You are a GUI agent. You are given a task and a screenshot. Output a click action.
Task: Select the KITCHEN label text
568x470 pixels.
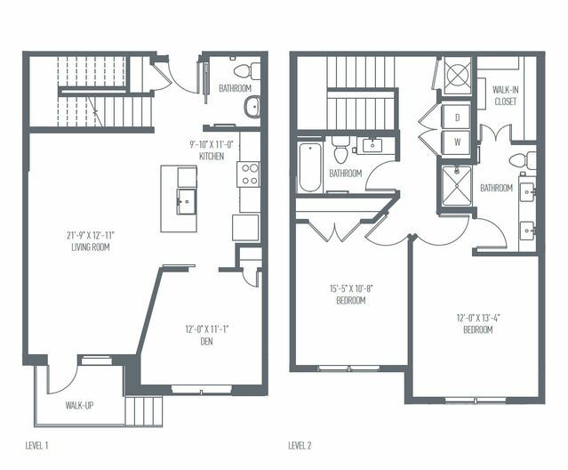pyautogui.click(x=212, y=157)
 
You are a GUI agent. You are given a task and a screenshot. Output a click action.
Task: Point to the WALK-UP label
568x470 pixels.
pyautogui.click(x=81, y=405)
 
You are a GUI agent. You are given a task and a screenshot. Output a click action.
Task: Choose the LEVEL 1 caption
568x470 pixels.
pyautogui.click(x=39, y=444)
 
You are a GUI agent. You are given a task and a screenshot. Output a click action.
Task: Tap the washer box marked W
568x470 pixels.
pyautogui.click(x=457, y=141)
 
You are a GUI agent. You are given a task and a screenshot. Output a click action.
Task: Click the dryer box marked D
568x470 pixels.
pyautogui.click(x=457, y=117)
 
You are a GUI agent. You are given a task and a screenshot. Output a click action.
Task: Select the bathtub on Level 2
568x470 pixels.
pyautogui.click(x=309, y=166)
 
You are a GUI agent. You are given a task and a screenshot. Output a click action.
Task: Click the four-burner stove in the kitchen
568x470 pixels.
pyautogui.click(x=248, y=174)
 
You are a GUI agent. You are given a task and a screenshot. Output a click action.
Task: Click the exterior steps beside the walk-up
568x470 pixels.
pyautogui.click(x=145, y=410)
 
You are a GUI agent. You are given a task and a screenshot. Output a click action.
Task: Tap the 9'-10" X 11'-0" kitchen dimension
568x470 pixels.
pyautogui.click(x=212, y=145)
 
